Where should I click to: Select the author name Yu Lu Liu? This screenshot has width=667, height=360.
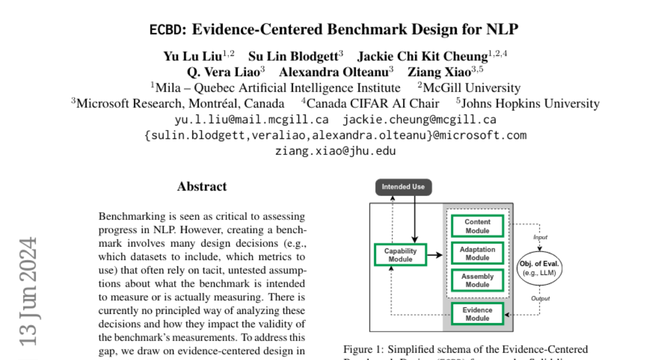coord(192,56)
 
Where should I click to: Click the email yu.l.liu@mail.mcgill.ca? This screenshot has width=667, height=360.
coord(251,119)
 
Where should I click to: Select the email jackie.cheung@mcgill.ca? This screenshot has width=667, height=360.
coord(419,119)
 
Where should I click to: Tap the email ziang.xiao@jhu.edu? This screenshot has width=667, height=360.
coord(335,151)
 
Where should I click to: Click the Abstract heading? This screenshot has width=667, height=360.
coord(202,187)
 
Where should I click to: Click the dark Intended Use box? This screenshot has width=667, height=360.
coord(403,187)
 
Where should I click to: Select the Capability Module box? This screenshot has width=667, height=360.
coord(400,255)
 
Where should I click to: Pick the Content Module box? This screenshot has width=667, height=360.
coord(477,226)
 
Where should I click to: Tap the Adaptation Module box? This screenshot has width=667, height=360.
coord(477,253)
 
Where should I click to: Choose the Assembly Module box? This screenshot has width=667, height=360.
coord(477,281)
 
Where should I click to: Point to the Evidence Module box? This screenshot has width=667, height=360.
coord(477,314)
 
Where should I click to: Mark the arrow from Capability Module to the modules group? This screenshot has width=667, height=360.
coord(435,255)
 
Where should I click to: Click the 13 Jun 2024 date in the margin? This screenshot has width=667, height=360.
coord(29,291)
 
